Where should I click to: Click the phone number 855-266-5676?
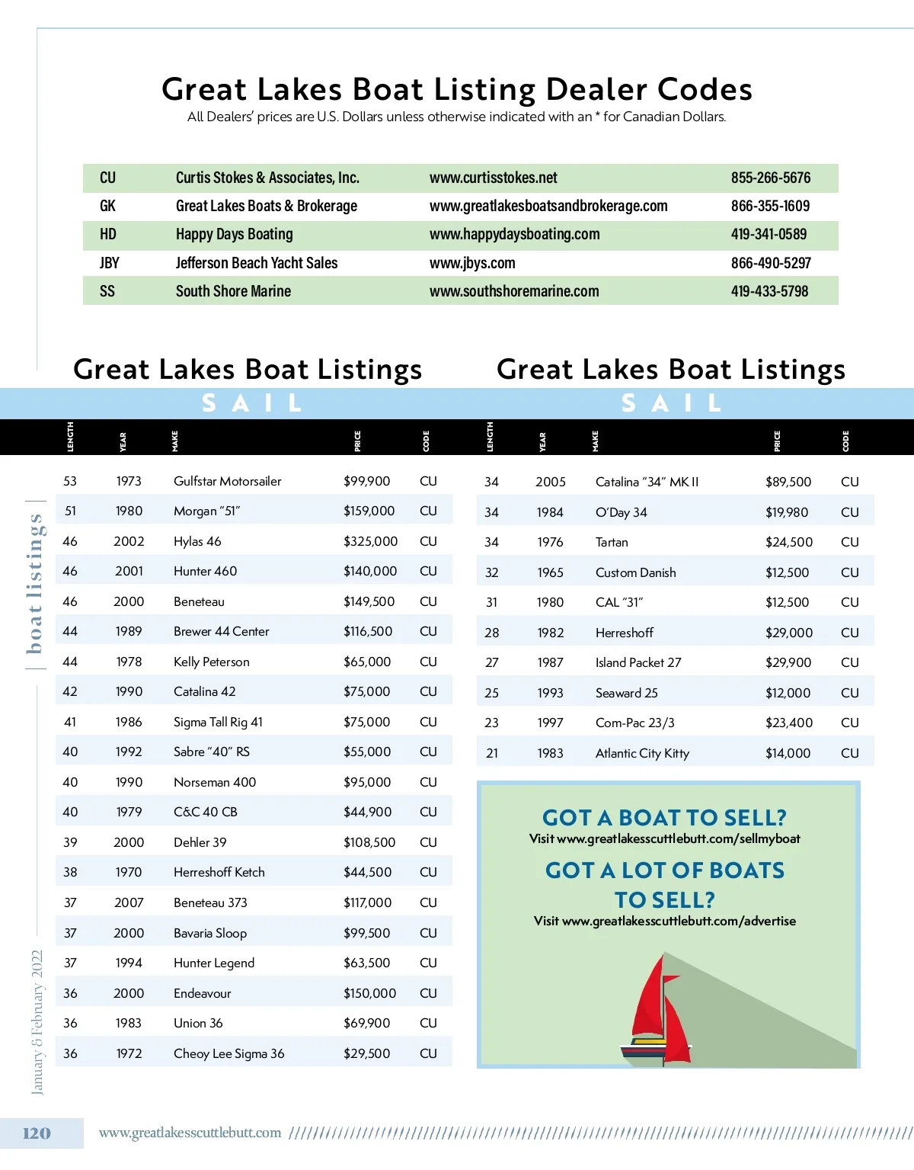click(x=770, y=178)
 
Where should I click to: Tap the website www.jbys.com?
click(x=472, y=263)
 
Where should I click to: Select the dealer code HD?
click(x=108, y=234)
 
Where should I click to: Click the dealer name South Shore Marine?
click(x=233, y=291)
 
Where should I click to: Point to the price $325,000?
click(x=370, y=541)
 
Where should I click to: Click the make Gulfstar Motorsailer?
click(x=227, y=481)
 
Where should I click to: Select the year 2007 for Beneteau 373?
click(x=129, y=902)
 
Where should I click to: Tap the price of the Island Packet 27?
click(x=788, y=662)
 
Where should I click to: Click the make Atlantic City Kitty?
click(x=642, y=753)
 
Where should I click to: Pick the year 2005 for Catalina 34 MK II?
click(x=550, y=482)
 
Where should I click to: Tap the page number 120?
click(x=37, y=1133)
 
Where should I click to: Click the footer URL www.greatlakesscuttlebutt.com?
click(x=190, y=1133)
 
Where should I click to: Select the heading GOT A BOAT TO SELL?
click(x=664, y=818)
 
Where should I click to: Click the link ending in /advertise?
click(x=679, y=921)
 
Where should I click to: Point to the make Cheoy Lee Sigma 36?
click(x=228, y=1053)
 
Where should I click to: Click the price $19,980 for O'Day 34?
click(x=787, y=512)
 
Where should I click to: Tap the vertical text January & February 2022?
click(x=37, y=1022)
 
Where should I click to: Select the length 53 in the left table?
click(x=70, y=481)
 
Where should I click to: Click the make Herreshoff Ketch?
click(x=219, y=872)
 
